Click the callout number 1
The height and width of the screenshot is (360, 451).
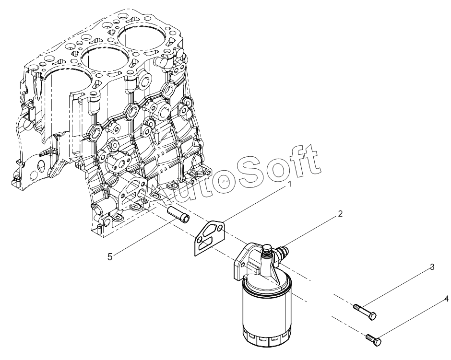coord(290,184)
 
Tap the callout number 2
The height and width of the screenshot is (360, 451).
coord(340,214)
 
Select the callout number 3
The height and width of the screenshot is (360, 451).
coord(432,267)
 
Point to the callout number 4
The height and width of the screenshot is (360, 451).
coord(446,299)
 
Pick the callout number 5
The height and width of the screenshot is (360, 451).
coord(110,256)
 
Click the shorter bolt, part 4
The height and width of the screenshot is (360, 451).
coord(374,340)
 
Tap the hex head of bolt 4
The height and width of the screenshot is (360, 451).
coord(378,342)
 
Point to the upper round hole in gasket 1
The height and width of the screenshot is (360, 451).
coord(220,228)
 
